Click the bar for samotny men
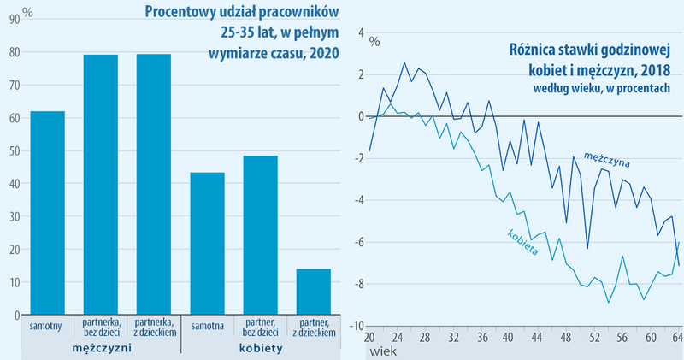coord(47,214)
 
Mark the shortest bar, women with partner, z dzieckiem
coord(313,292)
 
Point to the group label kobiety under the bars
coord(260,349)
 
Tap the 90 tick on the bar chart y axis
coord(14,19)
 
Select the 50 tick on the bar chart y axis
coord(14,150)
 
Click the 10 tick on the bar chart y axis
coord(14,282)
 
